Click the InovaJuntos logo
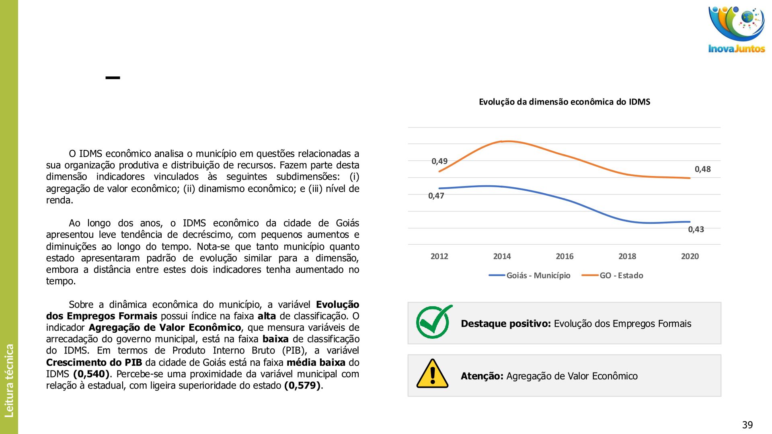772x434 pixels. pyautogui.click(x=736, y=29)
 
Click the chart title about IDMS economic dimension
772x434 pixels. pyautogui.click(x=564, y=102)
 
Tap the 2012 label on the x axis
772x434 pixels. pyautogui.click(x=439, y=256)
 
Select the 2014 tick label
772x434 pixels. pyautogui.click(x=502, y=256)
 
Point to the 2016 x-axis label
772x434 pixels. pyautogui.click(x=565, y=256)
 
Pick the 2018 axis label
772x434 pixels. pyautogui.click(x=627, y=256)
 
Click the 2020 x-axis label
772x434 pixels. pyautogui.click(x=690, y=256)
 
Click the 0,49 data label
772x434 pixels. pyautogui.click(x=439, y=161)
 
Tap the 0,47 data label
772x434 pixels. pyautogui.click(x=436, y=196)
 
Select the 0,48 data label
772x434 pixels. pyautogui.click(x=702, y=169)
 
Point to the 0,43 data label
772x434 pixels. pyautogui.click(x=696, y=229)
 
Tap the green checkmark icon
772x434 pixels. pyautogui.click(x=433, y=322)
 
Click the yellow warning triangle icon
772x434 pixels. pyautogui.click(x=432, y=374)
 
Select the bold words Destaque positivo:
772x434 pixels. pyautogui.click(x=505, y=324)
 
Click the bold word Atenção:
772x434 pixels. pyautogui.click(x=482, y=376)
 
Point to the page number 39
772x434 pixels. pyautogui.click(x=747, y=425)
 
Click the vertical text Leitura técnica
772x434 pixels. pyautogui.click(x=9, y=380)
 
